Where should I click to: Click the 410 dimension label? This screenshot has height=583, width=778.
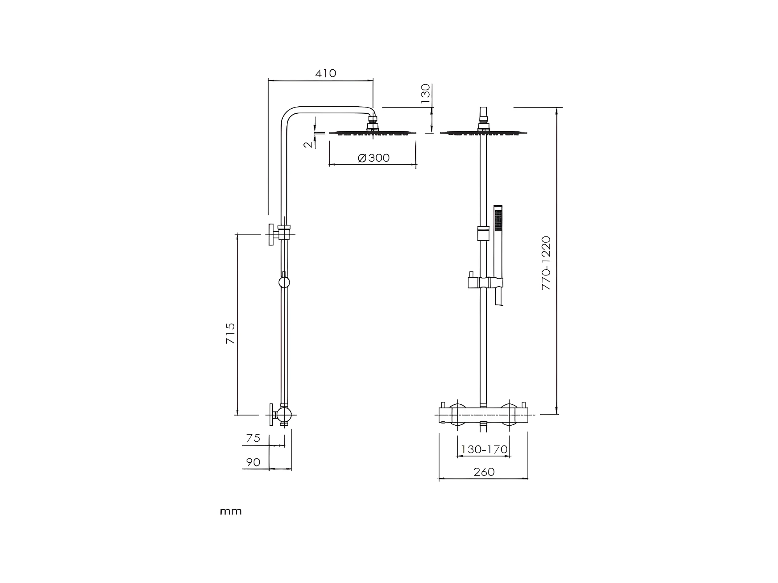(325, 73)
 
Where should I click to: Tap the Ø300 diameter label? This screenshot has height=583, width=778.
(374, 158)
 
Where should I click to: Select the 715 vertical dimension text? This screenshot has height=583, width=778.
(231, 333)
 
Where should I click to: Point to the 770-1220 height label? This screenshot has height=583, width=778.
(546, 263)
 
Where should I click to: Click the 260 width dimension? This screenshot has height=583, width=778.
(483, 472)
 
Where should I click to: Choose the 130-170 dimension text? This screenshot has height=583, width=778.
(484, 449)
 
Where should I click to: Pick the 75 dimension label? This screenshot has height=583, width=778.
(253, 439)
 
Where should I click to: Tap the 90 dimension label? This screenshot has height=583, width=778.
(253, 462)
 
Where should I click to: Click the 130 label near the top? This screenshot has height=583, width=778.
(425, 93)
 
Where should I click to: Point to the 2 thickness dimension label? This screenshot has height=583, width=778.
(308, 144)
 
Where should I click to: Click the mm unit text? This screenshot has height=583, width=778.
(231, 511)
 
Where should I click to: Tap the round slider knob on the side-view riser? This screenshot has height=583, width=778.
(284, 282)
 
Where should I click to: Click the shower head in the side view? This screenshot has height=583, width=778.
(373, 132)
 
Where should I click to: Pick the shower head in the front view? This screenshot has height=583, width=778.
(483, 132)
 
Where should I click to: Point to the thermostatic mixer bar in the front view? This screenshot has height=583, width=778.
(483, 415)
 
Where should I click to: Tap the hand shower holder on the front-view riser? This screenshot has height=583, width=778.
(485, 282)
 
